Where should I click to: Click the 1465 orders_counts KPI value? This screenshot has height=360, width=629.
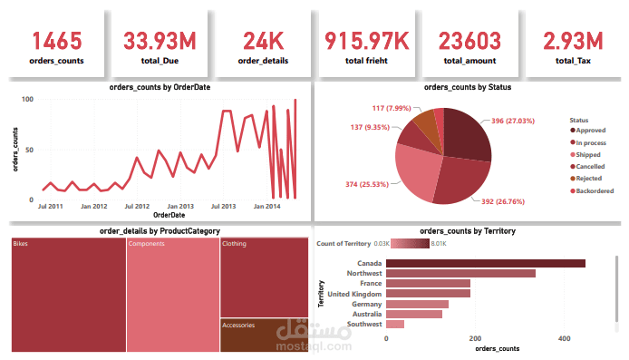click(58, 41)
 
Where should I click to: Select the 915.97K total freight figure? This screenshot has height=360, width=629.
click(366, 41)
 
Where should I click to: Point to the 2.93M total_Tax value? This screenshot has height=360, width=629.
click(572, 41)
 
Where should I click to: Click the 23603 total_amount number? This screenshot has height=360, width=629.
click(469, 41)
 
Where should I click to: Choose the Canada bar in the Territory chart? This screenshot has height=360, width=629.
click(485, 264)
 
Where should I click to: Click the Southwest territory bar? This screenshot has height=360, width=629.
click(395, 324)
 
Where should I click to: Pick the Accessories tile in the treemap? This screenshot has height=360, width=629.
click(263, 336)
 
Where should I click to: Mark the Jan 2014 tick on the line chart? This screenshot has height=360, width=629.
click(266, 207)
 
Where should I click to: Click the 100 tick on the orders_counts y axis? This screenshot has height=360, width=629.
click(27, 99)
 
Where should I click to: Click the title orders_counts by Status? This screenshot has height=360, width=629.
click(467, 87)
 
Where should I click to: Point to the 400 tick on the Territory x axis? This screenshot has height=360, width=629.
click(565, 339)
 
